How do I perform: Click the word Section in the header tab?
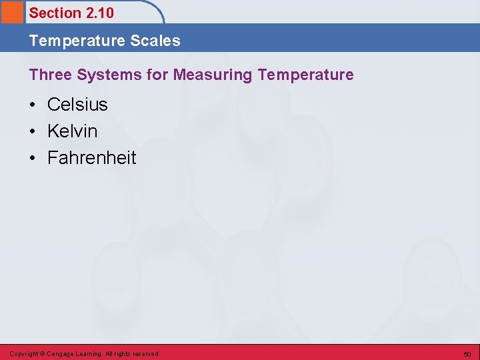[x=55, y=13]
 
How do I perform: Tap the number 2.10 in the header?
[x=100, y=13]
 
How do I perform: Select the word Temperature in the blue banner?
[x=77, y=41]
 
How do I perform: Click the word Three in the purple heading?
[x=50, y=75]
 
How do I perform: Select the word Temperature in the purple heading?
[x=305, y=75]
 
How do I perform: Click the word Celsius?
[x=77, y=105]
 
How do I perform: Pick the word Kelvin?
[x=72, y=131]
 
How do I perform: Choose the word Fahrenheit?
[x=91, y=158]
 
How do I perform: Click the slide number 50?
[x=467, y=354]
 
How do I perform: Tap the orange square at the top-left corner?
[x=11, y=12]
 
